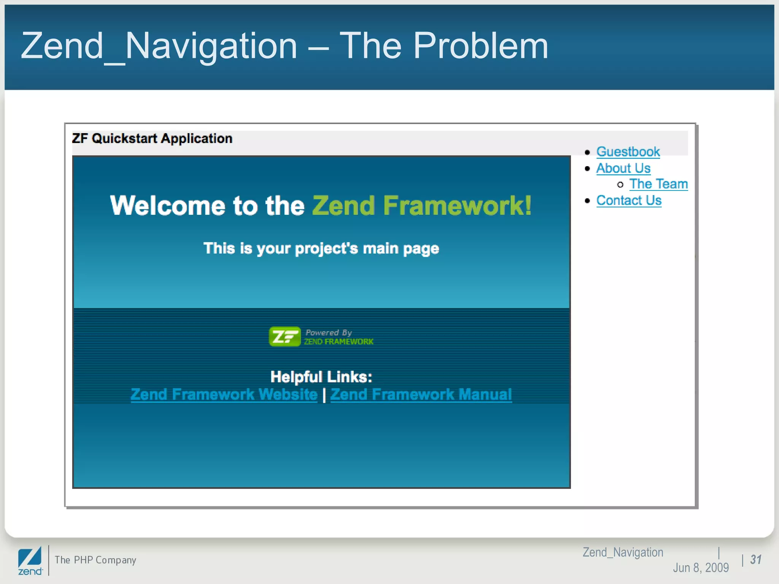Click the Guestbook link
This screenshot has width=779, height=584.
point(628,152)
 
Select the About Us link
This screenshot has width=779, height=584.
point(623,168)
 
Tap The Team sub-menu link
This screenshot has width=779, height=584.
point(658,184)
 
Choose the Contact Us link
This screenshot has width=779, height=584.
point(629,200)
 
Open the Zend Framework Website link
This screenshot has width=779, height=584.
point(224,394)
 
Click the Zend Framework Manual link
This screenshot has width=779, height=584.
point(421,394)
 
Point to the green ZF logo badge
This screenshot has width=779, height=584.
point(285,336)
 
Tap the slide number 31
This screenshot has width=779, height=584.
point(755,560)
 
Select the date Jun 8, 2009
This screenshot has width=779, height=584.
point(701,568)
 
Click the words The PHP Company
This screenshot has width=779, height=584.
point(95,560)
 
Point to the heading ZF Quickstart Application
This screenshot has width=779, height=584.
point(152,138)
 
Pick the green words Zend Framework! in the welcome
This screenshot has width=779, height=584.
point(421,206)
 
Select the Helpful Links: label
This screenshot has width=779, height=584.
point(321,377)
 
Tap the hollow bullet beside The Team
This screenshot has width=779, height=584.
point(620,185)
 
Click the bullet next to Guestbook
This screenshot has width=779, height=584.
point(588,152)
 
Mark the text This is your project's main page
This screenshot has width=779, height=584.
point(321,249)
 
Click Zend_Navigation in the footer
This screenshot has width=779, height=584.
point(623,552)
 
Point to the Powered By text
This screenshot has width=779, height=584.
point(329,333)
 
